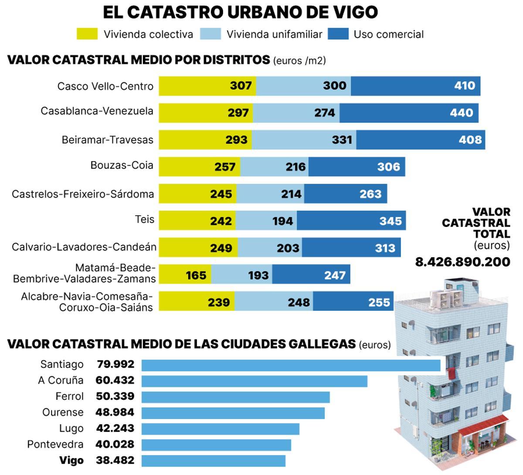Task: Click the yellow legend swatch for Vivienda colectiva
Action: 87,34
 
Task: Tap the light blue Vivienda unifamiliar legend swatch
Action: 211,34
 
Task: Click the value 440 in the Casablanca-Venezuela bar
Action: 461,113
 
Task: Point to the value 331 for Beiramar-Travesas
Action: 342,140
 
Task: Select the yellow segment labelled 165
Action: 185,275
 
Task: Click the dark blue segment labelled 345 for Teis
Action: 351,221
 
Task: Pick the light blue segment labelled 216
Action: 275,167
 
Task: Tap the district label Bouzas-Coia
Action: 122,165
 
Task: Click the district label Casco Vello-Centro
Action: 105,86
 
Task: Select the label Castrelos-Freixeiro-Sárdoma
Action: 83,194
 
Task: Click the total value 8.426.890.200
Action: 462,262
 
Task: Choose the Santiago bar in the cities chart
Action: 291,365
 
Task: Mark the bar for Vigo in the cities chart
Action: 214,461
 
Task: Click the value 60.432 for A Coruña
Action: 115,380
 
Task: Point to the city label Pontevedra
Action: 55,444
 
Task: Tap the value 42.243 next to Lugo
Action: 115,428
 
